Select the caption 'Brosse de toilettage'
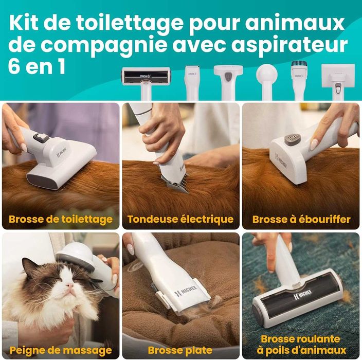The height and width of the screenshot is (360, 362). (x=61, y=220)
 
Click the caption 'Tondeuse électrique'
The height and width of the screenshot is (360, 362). (x=180, y=220)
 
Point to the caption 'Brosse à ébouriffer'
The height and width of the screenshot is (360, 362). (x=301, y=220)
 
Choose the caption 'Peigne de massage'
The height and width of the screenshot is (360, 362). (x=61, y=351)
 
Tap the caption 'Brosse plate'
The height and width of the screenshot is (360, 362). (x=180, y=350)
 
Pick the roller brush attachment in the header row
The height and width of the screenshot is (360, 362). (x=146, y=82)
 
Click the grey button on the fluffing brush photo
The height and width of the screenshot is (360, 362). (x=293, y=140)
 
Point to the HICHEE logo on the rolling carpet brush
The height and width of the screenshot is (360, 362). (x=303, y=294)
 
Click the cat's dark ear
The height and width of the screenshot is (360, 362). (x=31, y=268)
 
